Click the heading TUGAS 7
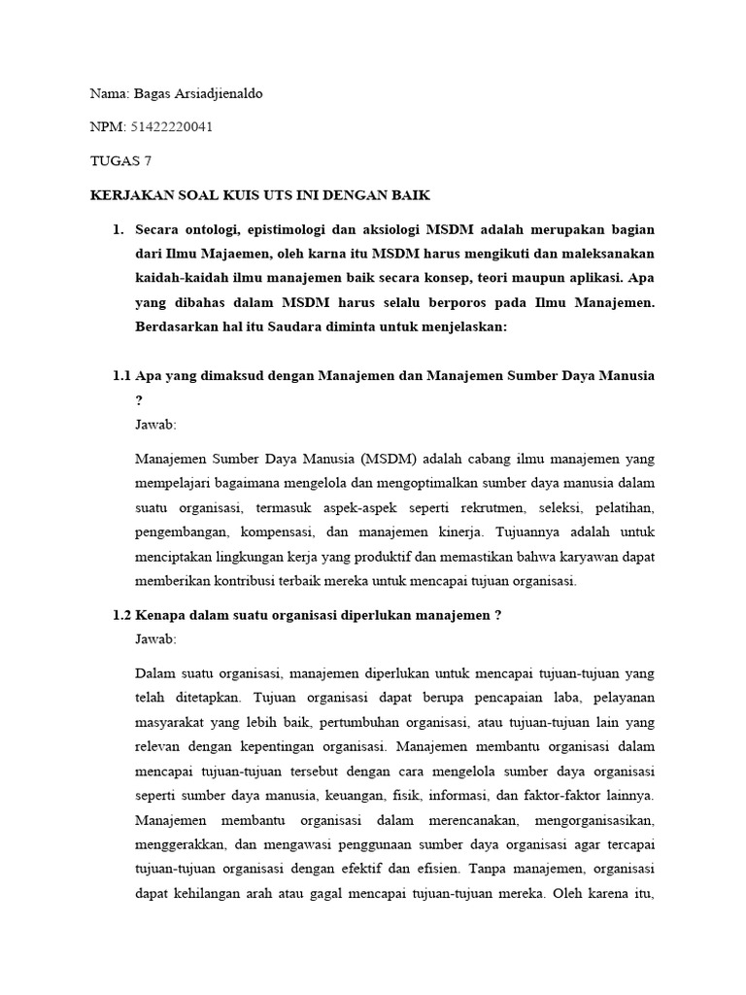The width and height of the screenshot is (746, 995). click(x=120, y=161)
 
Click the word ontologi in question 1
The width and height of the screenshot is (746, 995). click(x=219, y=229)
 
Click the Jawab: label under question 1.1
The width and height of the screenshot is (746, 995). click(x=156, y=425)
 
